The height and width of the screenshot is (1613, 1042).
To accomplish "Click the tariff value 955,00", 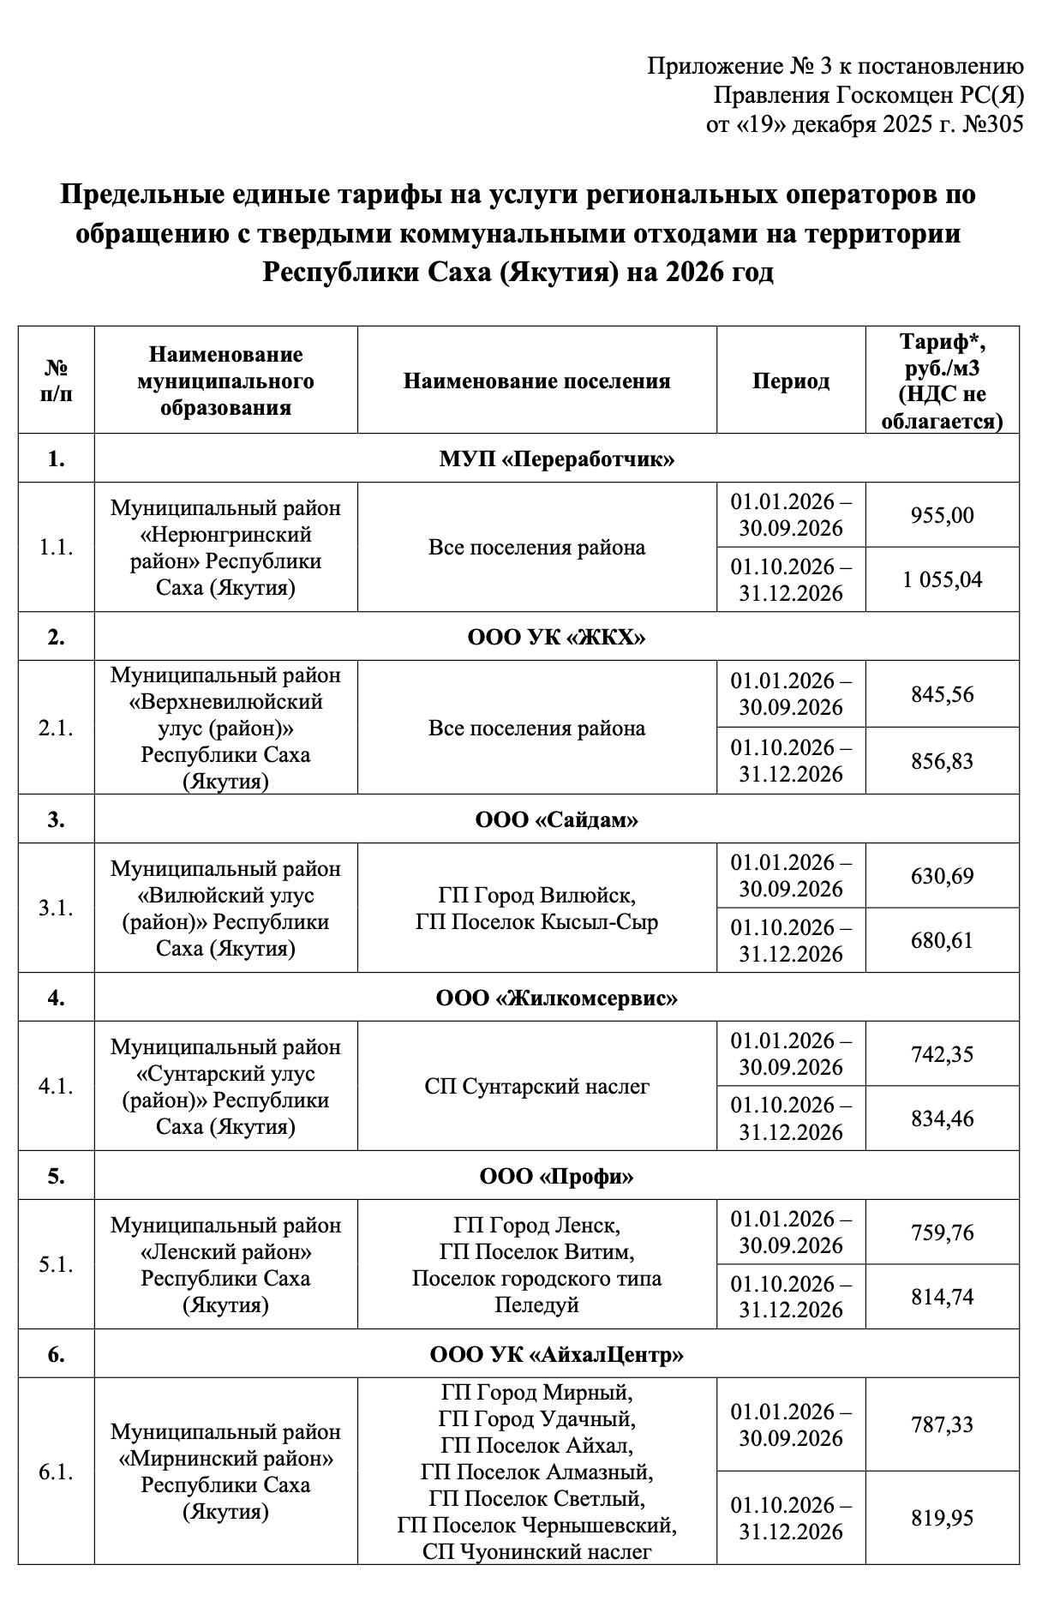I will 942,515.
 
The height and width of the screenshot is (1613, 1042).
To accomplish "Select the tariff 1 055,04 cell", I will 942,579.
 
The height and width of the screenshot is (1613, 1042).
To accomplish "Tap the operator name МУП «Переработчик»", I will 556,459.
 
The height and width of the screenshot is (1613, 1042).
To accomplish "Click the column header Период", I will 790,381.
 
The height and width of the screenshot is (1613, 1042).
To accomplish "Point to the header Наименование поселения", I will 536,381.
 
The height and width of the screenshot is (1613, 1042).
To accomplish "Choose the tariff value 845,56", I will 942,693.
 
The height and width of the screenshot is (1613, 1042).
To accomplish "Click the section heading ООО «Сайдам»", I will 556,819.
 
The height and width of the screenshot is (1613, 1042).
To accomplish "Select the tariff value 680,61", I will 942,940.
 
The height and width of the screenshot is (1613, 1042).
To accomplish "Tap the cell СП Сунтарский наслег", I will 536,1086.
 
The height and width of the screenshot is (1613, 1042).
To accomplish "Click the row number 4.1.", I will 56,1086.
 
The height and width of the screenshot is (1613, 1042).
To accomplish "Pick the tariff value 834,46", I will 942,1118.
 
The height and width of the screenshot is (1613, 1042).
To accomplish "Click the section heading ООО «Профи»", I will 556,1176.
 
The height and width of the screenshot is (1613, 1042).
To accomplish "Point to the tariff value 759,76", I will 942,1232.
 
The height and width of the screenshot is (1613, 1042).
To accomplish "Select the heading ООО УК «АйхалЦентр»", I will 556,1354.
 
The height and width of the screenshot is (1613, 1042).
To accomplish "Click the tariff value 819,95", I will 942,1518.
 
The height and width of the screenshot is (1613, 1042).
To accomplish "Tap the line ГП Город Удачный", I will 536,1419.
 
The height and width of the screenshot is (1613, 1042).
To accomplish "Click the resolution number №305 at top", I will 993,124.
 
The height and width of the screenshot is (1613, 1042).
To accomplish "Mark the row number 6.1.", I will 56,1472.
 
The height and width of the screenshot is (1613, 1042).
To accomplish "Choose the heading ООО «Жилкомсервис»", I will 556,998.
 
